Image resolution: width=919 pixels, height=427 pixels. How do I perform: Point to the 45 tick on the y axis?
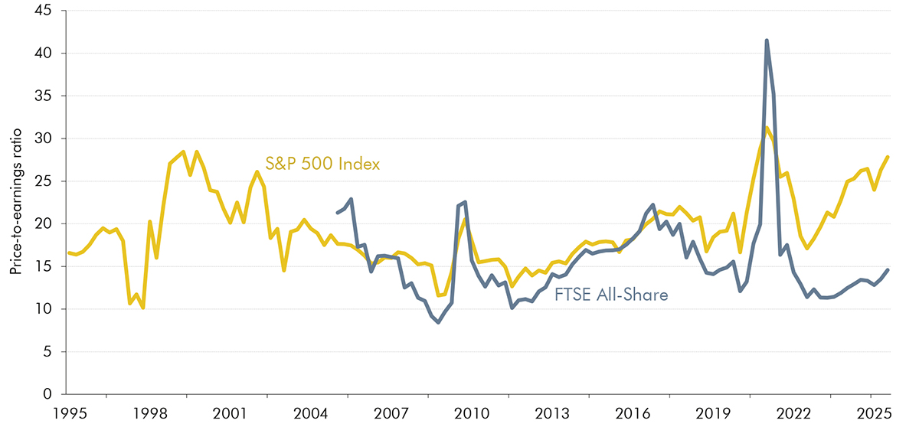(51, 11)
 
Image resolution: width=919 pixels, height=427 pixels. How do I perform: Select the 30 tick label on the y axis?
(51, 139)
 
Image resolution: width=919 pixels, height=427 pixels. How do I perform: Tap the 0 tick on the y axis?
(54, 394)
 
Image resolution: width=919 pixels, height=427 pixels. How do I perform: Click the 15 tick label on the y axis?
(51, 266)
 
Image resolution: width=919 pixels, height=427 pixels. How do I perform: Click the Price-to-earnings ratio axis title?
(15, 203)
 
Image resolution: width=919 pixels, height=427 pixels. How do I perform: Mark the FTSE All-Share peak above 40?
(767, 41)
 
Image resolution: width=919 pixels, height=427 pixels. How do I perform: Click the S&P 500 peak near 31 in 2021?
(767, 128)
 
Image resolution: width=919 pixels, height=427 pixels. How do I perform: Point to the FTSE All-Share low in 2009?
(438, 322)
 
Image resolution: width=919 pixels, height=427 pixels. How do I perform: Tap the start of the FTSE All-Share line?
(338, 213)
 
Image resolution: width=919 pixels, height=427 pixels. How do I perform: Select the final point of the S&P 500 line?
(888, 157)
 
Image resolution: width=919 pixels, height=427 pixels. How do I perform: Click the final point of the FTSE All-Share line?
(888, 269)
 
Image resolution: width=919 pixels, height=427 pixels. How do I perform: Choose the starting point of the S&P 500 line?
(68, 253)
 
